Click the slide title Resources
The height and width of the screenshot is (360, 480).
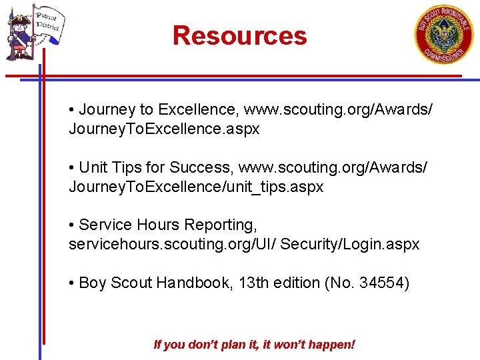239,35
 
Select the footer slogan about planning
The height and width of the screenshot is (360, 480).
254,345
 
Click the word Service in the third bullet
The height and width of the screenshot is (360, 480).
105,225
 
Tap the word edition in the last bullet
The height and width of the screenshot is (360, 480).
295,283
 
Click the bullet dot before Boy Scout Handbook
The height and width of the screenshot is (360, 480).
71,283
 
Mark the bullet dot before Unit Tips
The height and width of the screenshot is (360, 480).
71,167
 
